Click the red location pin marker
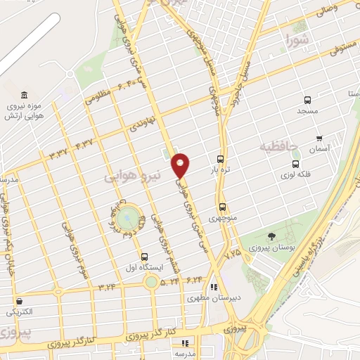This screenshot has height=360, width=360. pyautogui.click(x=181, y=164)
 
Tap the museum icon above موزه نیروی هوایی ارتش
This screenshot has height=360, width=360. pyautogui.click(x=25, y=96)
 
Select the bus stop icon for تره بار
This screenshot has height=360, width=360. pyautogui.click(x=221, y=159)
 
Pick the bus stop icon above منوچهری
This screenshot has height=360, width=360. pyautogui.click(x=223, y=207)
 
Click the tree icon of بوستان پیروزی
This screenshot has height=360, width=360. pyautogui.click(x=273, y=236)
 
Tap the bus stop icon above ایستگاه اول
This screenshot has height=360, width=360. pyautogui.click(x=144, y=257)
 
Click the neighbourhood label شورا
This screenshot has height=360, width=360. pyautogui.click(x=297, y=41)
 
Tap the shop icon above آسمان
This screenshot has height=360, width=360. pyautogui.click(x=320, y=138)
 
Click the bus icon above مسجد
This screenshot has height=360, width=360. pyautogui.click(x=307, y=100)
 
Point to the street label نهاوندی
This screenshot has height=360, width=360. pyautogui.click(x=139, y=127)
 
